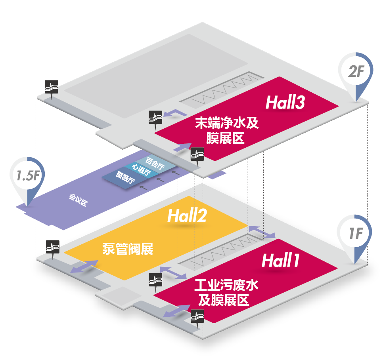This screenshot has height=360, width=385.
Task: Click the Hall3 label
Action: (285, 103)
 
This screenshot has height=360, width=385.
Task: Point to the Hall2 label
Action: (187, 216)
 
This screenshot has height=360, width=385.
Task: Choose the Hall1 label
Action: (280, 261)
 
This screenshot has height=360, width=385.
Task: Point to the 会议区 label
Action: (78, 200)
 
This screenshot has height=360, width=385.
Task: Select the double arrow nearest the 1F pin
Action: (262, 232)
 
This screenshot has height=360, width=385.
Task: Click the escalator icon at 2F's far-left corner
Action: (52, 87)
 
